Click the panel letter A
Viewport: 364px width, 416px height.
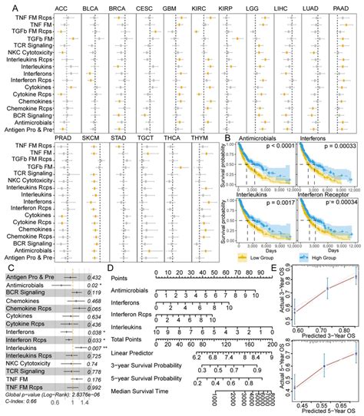(x=5, y=7)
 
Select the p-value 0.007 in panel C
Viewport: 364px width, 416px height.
(x=94, y=348)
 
